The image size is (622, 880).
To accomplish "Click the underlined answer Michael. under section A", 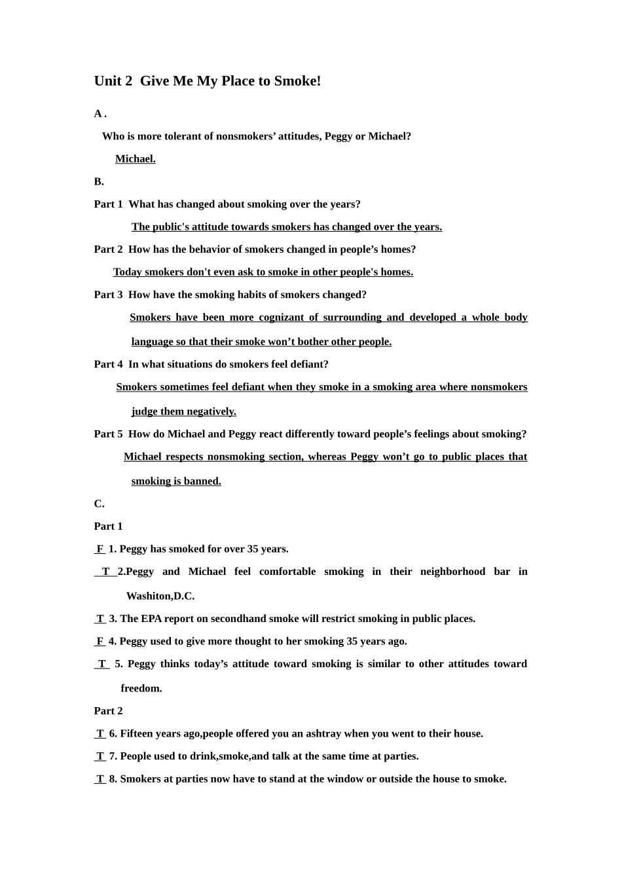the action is pyautogui.click(x=135, y=159).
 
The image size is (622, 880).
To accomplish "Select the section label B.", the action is pyautogui.click(x=99, y=182).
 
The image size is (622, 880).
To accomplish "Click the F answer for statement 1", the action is pyautogui.click(x=100, y=549).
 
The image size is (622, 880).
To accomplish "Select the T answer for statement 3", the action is pyautogui.click(x=100, y=619).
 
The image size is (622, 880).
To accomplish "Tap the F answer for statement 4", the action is pyautogui.click(x=100, y=642).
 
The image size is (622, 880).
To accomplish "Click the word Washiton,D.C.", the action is pyautogui.click(x=160, y=596).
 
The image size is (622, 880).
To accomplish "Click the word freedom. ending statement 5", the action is pyautogui.click(x=141, y=689).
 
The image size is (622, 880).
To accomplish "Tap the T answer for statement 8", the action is pyautogui.click(x=100, y=779).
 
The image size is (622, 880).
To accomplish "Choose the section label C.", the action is pyautogui.click(x=99, y=504).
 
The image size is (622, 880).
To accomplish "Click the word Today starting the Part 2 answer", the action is pyautogui.click(x=128, y=272).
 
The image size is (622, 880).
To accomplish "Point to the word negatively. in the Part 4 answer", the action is pyautogui.click(x=211, y=412).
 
